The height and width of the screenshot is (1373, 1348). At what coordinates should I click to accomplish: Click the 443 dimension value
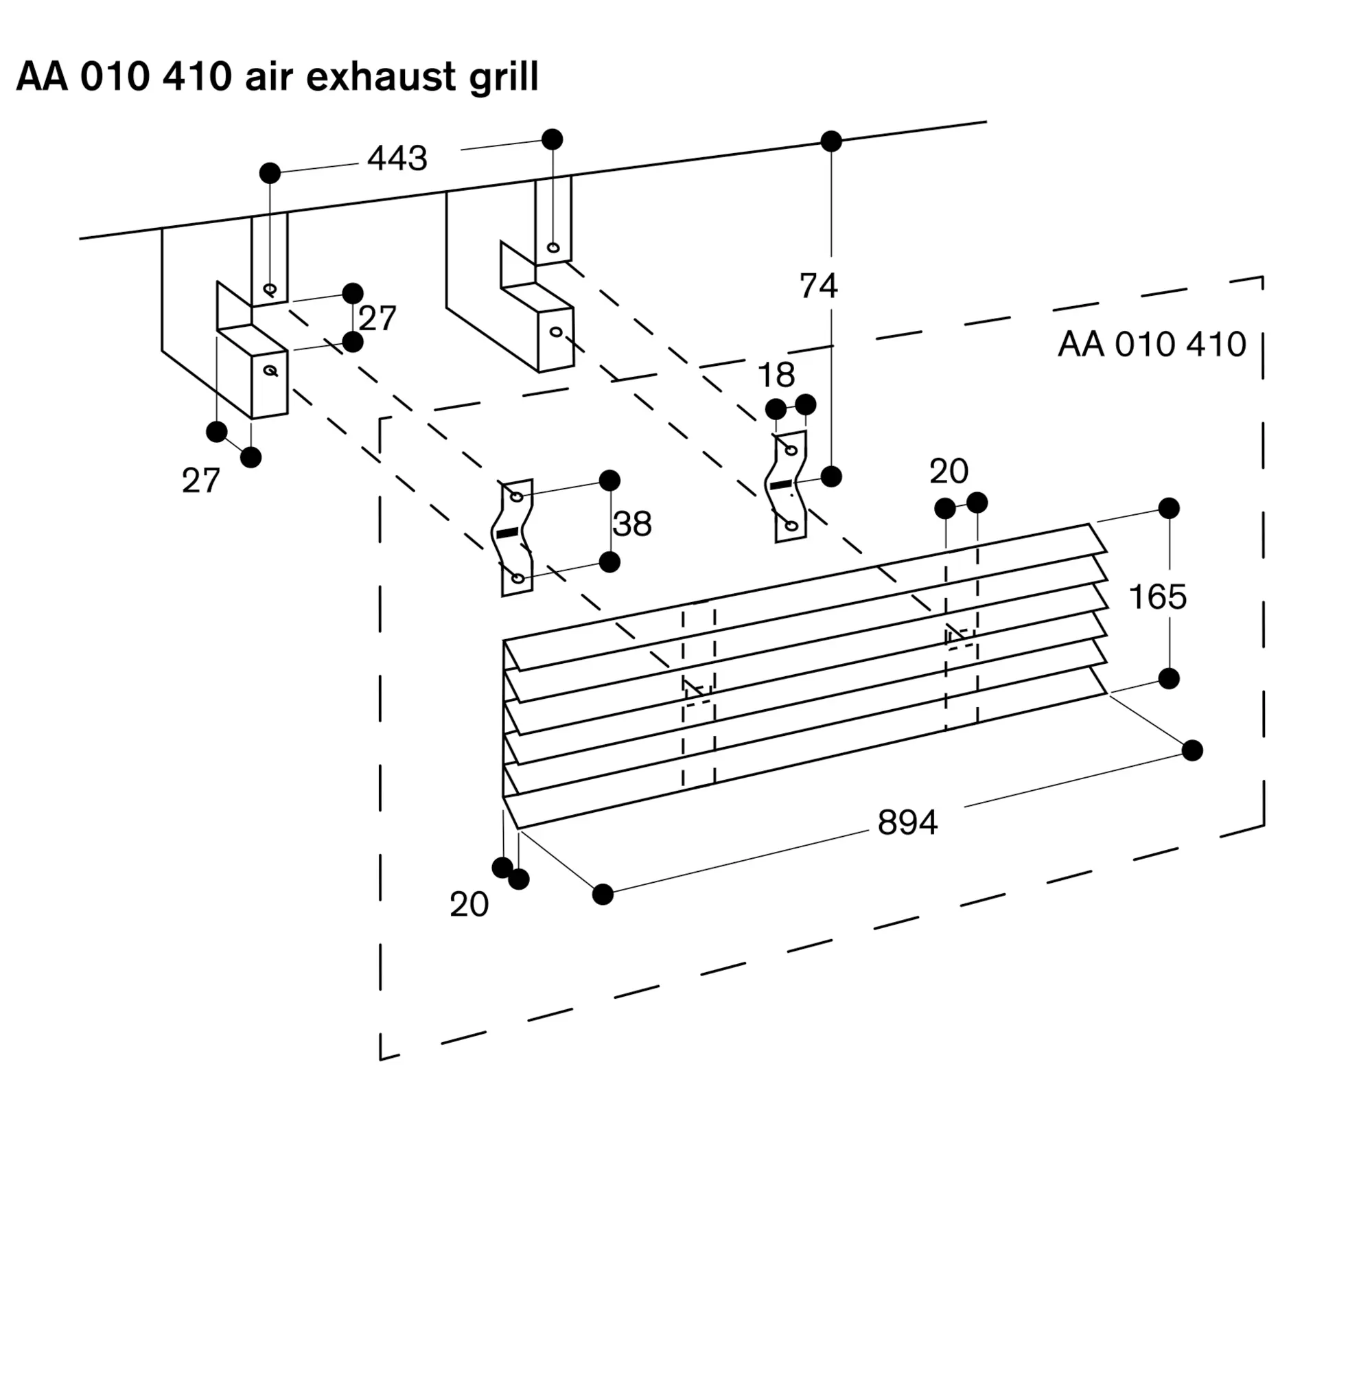pos(397,159)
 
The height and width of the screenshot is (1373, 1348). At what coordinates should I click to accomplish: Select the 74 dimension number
pos(818,286)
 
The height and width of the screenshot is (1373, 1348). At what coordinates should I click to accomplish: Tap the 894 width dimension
pos(907,823)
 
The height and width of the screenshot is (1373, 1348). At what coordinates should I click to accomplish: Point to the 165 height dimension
pos(1157,597)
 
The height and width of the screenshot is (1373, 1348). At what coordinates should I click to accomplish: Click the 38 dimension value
pos(632,524)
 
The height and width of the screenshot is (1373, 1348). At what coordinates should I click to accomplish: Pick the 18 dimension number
pos(776,376)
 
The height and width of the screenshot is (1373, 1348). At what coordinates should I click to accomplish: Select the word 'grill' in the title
pos(503,77)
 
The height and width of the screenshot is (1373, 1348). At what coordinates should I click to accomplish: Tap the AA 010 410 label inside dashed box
pos(1151,345)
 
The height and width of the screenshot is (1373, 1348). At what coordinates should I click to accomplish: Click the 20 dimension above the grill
pos(949,472)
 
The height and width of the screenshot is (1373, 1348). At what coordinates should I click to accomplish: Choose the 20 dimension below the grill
pos(469,905)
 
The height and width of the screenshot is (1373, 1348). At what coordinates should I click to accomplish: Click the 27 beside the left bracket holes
pos(377,319)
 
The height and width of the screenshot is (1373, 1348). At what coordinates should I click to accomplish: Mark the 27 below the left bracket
pos(200,481)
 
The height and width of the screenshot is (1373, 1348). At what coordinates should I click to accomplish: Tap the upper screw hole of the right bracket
pos(553,248)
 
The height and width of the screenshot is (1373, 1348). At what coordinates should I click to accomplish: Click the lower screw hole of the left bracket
pos(270,370)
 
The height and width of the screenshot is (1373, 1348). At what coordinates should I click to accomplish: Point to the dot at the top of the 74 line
pos(831,141)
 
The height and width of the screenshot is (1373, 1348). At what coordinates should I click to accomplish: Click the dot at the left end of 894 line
pos(603,895)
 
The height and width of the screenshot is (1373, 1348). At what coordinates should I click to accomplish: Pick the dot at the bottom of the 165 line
pos(1169,678)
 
